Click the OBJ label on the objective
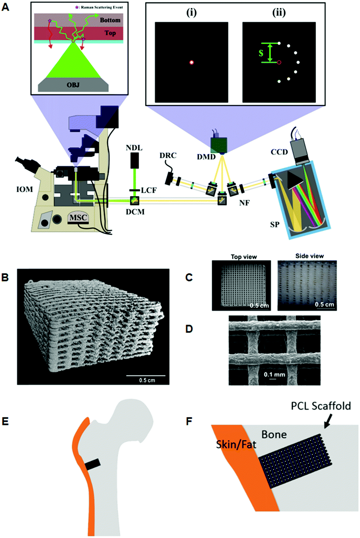73,85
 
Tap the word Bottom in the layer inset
110,20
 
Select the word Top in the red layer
110,33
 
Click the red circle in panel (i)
191,62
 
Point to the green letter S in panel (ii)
261,53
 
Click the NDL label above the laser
134,148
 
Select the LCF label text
149,190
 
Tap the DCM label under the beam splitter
135,212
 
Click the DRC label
168,155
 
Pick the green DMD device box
219,145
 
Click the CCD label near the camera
279,152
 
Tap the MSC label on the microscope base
78,218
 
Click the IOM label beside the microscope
24,189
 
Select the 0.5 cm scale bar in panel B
146,376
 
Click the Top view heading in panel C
244,256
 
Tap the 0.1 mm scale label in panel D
274,375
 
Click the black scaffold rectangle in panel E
93,464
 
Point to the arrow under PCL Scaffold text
328,421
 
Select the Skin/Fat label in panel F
236,444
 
